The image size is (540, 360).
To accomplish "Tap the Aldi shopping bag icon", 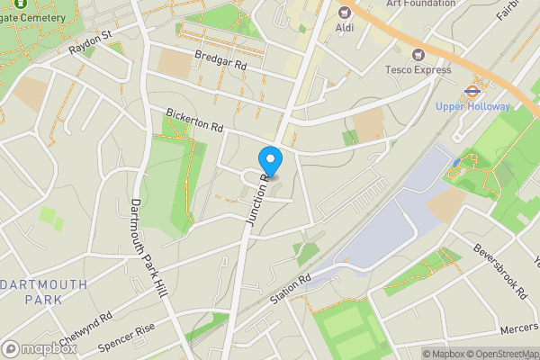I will tap(345, 13).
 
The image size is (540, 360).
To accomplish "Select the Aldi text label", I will tap(345, 28).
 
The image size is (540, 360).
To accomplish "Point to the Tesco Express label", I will tap(418, 70).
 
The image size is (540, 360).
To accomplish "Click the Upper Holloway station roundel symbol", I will tap(472, 91).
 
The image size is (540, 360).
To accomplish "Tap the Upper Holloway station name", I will tap(472, 106).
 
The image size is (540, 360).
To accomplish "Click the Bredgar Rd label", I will tap(220, 60).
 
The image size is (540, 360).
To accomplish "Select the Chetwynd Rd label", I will tap(86, 326).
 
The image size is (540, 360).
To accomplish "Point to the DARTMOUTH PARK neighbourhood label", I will tap(43, 291).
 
